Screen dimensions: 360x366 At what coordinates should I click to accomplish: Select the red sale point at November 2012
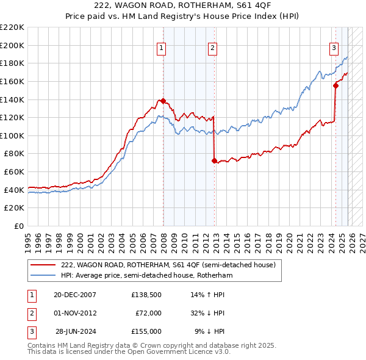[214, 161]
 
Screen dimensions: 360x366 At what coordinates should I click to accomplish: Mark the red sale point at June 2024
[335, 85]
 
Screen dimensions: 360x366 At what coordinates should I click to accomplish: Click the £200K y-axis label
[13, 45]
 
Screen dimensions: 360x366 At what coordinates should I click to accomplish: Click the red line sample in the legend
[43, 265]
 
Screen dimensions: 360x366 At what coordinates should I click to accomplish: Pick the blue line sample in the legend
[43, 276]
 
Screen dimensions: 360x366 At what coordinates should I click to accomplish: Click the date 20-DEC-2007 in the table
[75, 295]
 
